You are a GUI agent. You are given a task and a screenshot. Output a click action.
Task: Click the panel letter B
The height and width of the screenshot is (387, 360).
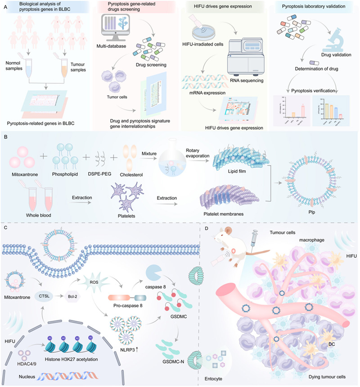click(x=5, y=134)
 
